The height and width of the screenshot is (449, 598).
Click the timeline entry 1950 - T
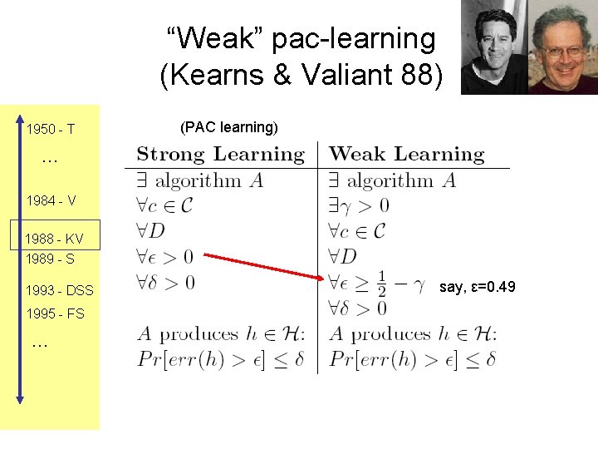[51, 130]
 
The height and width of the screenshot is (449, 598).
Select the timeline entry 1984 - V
[51, 200]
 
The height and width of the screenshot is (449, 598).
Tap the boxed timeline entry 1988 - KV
[55, 239]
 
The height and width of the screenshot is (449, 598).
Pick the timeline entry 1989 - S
[51, 259]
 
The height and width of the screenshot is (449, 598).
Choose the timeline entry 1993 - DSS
[60, 290]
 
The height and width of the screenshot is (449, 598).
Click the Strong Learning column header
[220, 154]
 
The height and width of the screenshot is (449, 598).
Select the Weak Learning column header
[406, 154]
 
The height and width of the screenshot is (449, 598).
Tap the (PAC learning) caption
[228, 127]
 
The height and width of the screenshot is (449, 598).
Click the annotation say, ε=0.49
[478, 287]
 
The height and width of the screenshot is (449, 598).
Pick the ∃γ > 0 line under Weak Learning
[359, 205]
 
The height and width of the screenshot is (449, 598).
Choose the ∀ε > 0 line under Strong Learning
[166, 257]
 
